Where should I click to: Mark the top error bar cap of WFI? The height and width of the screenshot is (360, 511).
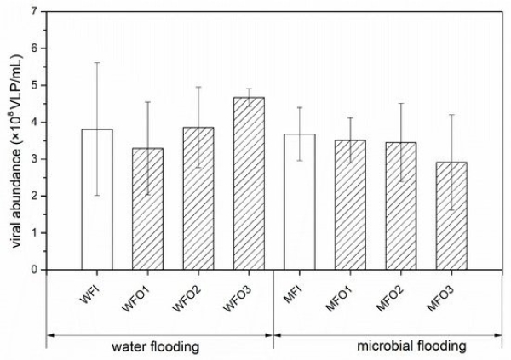coord(97,63)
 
